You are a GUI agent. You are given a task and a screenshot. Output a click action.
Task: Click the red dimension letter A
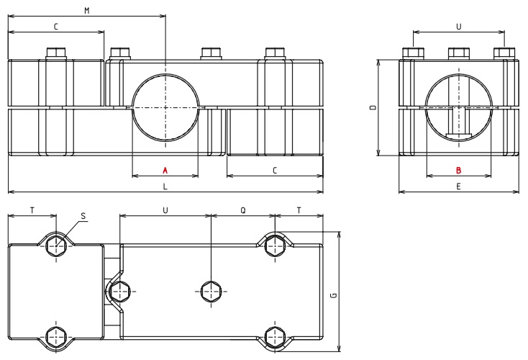[x=165, y=171]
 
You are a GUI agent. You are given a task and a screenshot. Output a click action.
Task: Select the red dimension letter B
[x=458, y=171]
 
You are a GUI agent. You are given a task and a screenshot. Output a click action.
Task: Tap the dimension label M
[x=87, y=10]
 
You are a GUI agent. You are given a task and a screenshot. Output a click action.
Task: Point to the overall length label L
[x=165, y=186]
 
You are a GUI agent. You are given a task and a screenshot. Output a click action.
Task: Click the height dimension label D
[x=371, y=107]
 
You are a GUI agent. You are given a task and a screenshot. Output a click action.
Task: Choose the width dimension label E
[x=458, y=186]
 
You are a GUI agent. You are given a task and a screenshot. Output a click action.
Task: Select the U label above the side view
[x=458, y=26]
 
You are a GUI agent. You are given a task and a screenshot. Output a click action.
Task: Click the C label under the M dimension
[x=55, y=26]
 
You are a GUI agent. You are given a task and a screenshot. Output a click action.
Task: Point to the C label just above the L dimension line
[x=274, y=171]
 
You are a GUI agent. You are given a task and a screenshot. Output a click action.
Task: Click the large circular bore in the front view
[x=165, y=108]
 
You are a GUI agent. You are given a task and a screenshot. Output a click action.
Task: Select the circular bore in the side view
[x=458, y=108]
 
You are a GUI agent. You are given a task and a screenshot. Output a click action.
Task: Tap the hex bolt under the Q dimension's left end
[x=211, y=292]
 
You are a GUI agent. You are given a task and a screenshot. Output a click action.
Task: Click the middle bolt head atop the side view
[x=458, y=53]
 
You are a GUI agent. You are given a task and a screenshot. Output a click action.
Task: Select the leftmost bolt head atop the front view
[x=55, y=53]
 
